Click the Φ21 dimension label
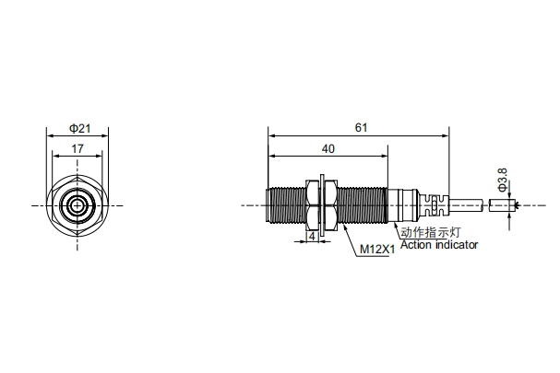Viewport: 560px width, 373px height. click(x=80, y=128)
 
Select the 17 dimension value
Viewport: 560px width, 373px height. click(x=77, y=148)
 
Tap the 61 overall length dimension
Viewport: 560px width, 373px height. click(x=361, y=128)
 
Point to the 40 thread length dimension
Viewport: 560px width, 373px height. click(x=328, y=148)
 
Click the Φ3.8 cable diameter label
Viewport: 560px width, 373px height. click(x=503, y=181)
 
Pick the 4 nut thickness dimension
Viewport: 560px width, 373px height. click(x=312, y=237)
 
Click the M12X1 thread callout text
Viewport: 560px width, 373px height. click(x=377, y=249)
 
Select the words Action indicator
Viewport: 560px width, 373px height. click(x=439, y=245)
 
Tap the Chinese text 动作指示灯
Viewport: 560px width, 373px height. click(x=430, y=232)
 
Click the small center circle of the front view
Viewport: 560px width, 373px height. click(x=77, y=205)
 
